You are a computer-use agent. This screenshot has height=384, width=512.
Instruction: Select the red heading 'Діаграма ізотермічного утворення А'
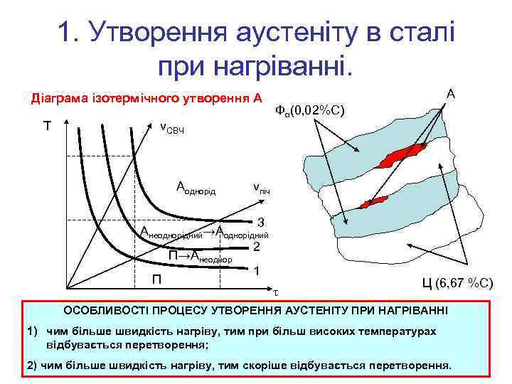tap(145, 97)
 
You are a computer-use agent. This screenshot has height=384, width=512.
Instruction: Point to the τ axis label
tap(277, 292)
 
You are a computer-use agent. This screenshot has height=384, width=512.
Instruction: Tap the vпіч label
tap(261, 190)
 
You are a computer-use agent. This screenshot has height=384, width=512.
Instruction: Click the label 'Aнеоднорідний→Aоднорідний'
tap(204, 233)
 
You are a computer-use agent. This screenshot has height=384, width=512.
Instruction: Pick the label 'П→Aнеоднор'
tap(199, 257)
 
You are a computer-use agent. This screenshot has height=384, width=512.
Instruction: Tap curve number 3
tap(261, 221)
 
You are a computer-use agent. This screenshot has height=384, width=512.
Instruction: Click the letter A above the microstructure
tap(451, 93)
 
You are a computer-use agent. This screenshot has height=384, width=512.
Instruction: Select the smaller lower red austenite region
tap(374, 203)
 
